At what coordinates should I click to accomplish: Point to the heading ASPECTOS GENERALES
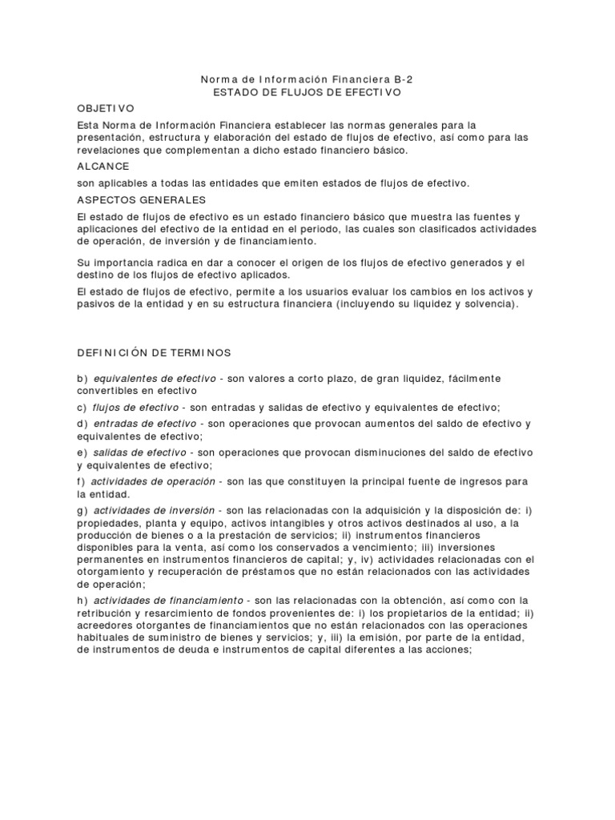[x=142, y=199]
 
